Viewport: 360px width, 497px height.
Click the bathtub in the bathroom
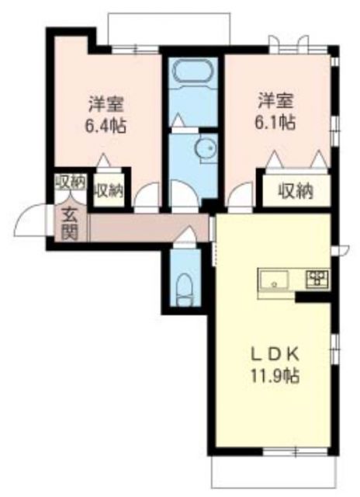tap(192, 74)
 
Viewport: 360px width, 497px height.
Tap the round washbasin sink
tap(205, 149)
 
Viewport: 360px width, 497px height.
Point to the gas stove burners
tap(317, 279)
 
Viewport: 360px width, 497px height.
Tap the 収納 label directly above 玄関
tap(70, 182)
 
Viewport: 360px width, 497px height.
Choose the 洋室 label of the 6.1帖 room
tap(277, 100)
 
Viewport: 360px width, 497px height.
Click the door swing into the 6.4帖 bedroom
tap(147, 196)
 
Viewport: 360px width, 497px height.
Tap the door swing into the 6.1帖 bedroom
tap(241, 196)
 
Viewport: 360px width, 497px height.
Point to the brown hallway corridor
tap(147, 228)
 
